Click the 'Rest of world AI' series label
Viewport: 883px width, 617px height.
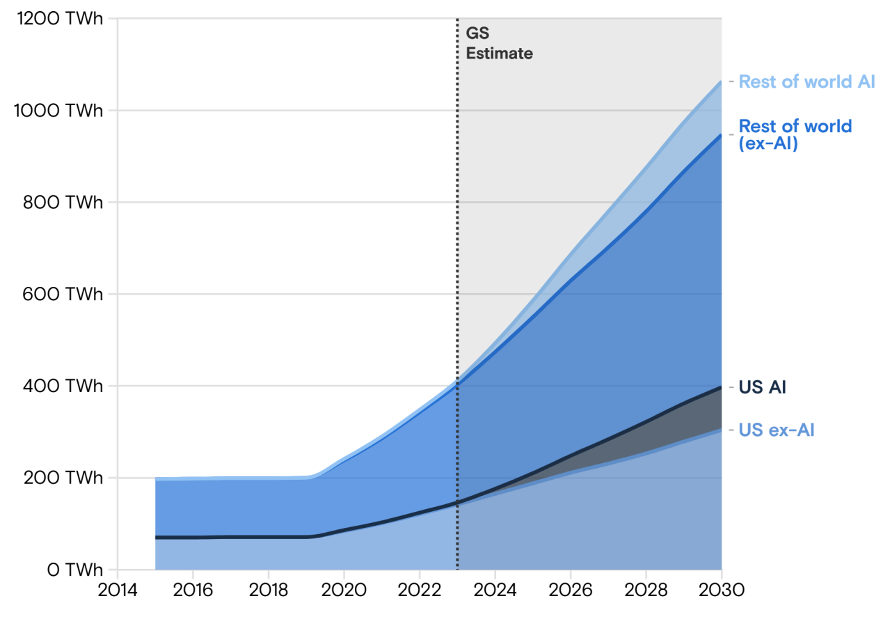coord(806,81)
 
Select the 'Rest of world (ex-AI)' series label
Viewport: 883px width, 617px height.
coord(795,135)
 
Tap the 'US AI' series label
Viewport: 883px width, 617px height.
coord(762,387)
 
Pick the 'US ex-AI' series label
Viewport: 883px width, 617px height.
coord(776,430)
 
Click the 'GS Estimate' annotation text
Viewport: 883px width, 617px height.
coord(499,43)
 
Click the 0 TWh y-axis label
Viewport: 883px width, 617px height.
coord(75,570)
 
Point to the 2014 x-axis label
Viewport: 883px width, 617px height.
coord(118,591)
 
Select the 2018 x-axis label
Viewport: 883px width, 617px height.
coord(269,591)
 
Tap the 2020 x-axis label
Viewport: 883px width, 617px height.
coord(344,591)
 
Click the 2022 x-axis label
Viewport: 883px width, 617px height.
coord(419,591)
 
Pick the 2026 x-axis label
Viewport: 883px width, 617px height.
coord(570,591)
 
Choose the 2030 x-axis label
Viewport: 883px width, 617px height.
coord(721,591)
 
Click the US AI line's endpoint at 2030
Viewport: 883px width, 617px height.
coord(721,387)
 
